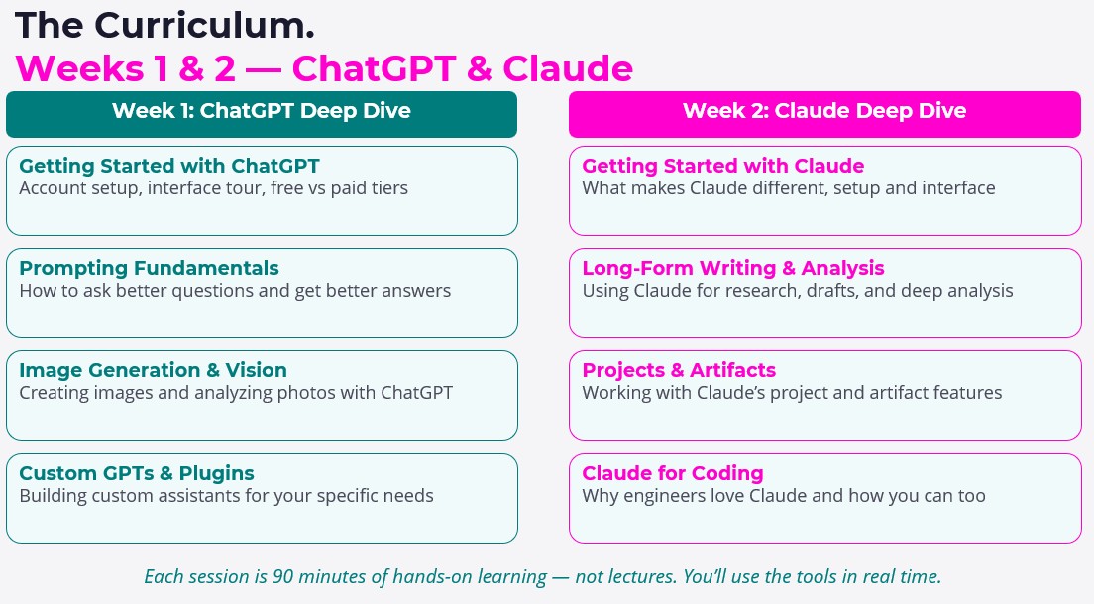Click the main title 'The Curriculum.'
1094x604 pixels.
click(x=164, y=26)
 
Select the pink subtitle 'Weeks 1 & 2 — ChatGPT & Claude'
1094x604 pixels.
click(x=324, y=68)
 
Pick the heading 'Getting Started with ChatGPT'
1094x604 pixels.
click(x=169, y=167)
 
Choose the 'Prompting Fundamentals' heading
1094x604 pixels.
click(x=150, y=268)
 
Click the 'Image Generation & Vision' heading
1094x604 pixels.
click(x=153, y=370)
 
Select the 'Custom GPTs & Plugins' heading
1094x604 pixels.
click(x=137, y=473)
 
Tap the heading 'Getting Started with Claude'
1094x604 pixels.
click(x=723, y=167)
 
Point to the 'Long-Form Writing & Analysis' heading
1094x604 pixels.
click(x=733, y=268)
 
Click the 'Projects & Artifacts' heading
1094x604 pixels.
click(x=679, y=370)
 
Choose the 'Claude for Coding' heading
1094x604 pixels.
click(x=673, y=473)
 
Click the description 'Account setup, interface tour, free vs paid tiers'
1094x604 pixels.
click(x=213, y=188)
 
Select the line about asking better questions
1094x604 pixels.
click(x=235, y=291)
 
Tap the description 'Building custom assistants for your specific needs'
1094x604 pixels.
click(x=226, y=496)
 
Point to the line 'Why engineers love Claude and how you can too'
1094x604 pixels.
click(x=784, y=496)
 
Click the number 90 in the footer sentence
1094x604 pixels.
click(x=282, y=577)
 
